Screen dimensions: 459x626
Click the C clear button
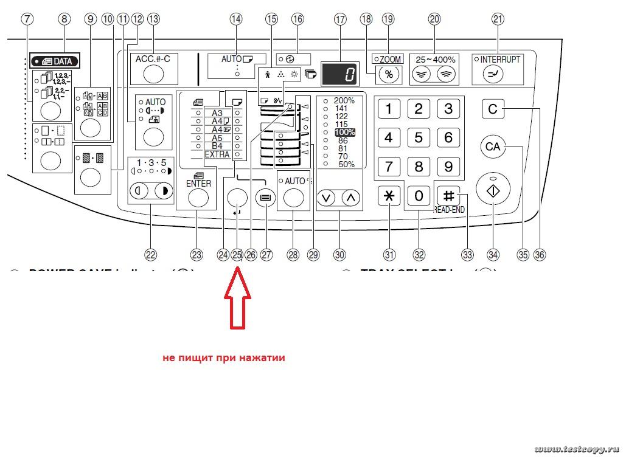[x=493, y=109]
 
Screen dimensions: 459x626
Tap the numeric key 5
[x=419, y=137]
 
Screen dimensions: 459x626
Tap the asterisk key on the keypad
[x=389, y=196]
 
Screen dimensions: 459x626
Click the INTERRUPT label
[x=500, y=60]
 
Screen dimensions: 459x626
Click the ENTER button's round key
[x=199, y=198]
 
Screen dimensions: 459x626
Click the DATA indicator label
[x=56, y=61]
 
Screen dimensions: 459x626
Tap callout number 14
[x=235, y=19]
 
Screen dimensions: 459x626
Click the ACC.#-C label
[x=153, y=58]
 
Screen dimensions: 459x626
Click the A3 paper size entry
[x=217, y=113]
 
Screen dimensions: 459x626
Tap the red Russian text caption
[x=224, y=358]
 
